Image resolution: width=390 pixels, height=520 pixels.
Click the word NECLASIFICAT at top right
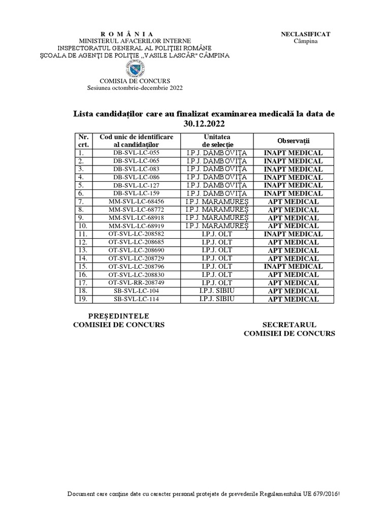coord(305,34)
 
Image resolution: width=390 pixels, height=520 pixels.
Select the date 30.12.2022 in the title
coord(203,123)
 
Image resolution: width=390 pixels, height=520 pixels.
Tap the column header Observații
coord(293,141)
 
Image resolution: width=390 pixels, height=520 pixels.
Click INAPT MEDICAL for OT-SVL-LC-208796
coord(293,267)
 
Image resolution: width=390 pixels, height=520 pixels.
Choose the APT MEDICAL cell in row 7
coord(293,202)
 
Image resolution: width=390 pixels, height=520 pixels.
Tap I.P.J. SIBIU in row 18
coord(217,291)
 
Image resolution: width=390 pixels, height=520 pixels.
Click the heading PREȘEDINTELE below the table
coord(119,316)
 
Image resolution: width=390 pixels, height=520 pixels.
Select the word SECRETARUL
coord(289,324)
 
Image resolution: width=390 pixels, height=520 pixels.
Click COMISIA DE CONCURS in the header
coord(135,81)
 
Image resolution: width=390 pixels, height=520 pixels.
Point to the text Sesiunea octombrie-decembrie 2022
coord(135,88)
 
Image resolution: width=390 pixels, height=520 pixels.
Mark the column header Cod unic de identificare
coord(136,137)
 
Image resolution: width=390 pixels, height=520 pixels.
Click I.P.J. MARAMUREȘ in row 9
coord(217,218)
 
